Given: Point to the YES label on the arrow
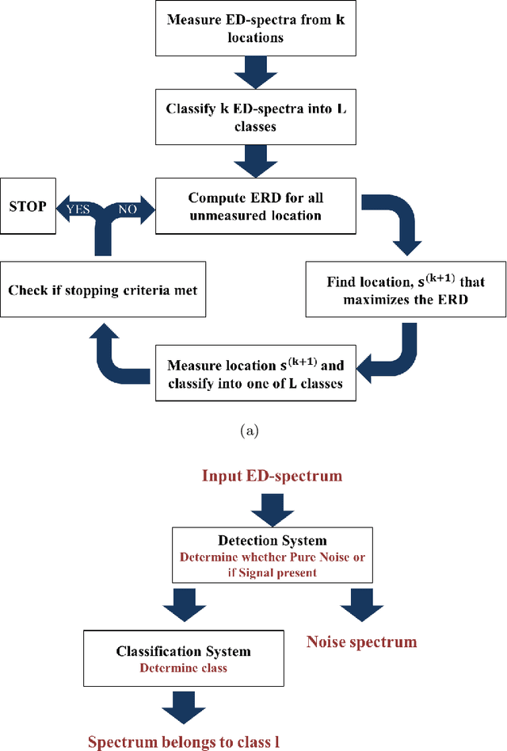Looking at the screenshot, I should (77, 210).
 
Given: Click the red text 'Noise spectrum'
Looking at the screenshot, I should (361, 642).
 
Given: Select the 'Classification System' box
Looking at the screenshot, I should (183, 659).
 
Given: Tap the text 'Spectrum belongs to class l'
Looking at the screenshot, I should (183, 741).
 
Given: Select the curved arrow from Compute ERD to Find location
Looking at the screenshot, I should (395, 222).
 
